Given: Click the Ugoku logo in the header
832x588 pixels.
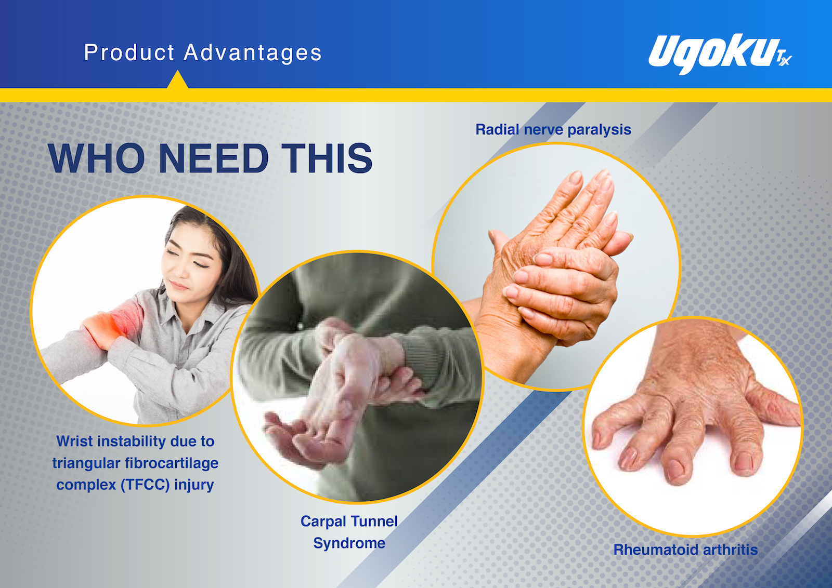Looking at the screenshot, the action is (720, 54).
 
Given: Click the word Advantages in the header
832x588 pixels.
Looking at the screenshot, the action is (253, 52).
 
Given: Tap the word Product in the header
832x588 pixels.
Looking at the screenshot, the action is (129, 52).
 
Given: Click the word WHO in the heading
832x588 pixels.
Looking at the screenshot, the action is (96, 158).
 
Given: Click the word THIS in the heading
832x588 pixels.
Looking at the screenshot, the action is (327, 158).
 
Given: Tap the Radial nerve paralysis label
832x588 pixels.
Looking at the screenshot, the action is (553, 130).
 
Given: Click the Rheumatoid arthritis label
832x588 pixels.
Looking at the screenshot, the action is (685, 550).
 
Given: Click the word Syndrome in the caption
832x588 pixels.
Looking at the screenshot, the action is (349, 543).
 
